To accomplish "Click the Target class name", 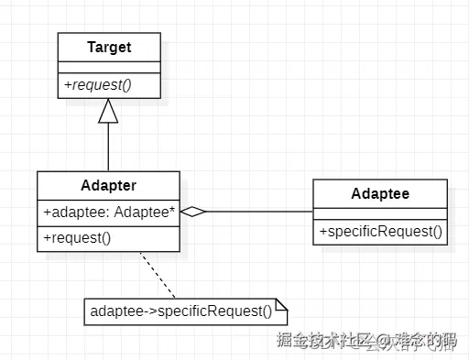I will click(109, 47).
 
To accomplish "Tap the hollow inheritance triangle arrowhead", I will click(109, 110).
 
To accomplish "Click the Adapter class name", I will click(109, 185).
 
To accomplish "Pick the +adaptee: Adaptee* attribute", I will click(109, 212).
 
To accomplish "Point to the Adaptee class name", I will click(380, 194).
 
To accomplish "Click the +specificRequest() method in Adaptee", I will click(380, 232).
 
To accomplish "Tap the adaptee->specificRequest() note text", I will click(181, 311).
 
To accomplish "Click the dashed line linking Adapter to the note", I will click(158, 274).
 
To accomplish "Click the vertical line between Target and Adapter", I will click(109, 147).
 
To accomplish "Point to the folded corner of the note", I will click(282, 304).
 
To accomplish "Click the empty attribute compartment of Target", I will click(109, 66).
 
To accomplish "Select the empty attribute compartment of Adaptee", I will click(380, 213).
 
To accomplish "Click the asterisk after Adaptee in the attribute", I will click(172, 211).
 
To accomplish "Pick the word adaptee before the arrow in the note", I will click(116, 311).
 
